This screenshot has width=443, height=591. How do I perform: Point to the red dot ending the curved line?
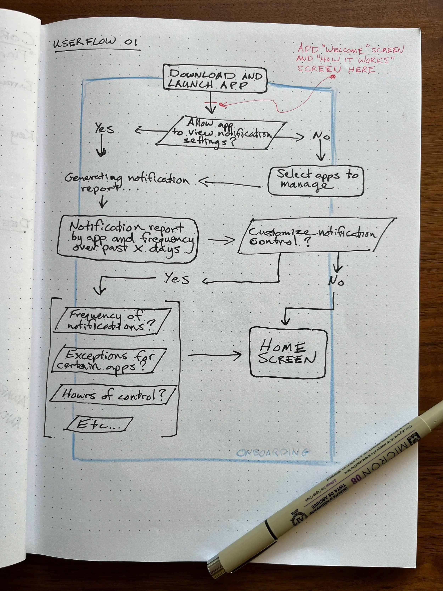332,77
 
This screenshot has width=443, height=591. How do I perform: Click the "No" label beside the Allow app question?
321,137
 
